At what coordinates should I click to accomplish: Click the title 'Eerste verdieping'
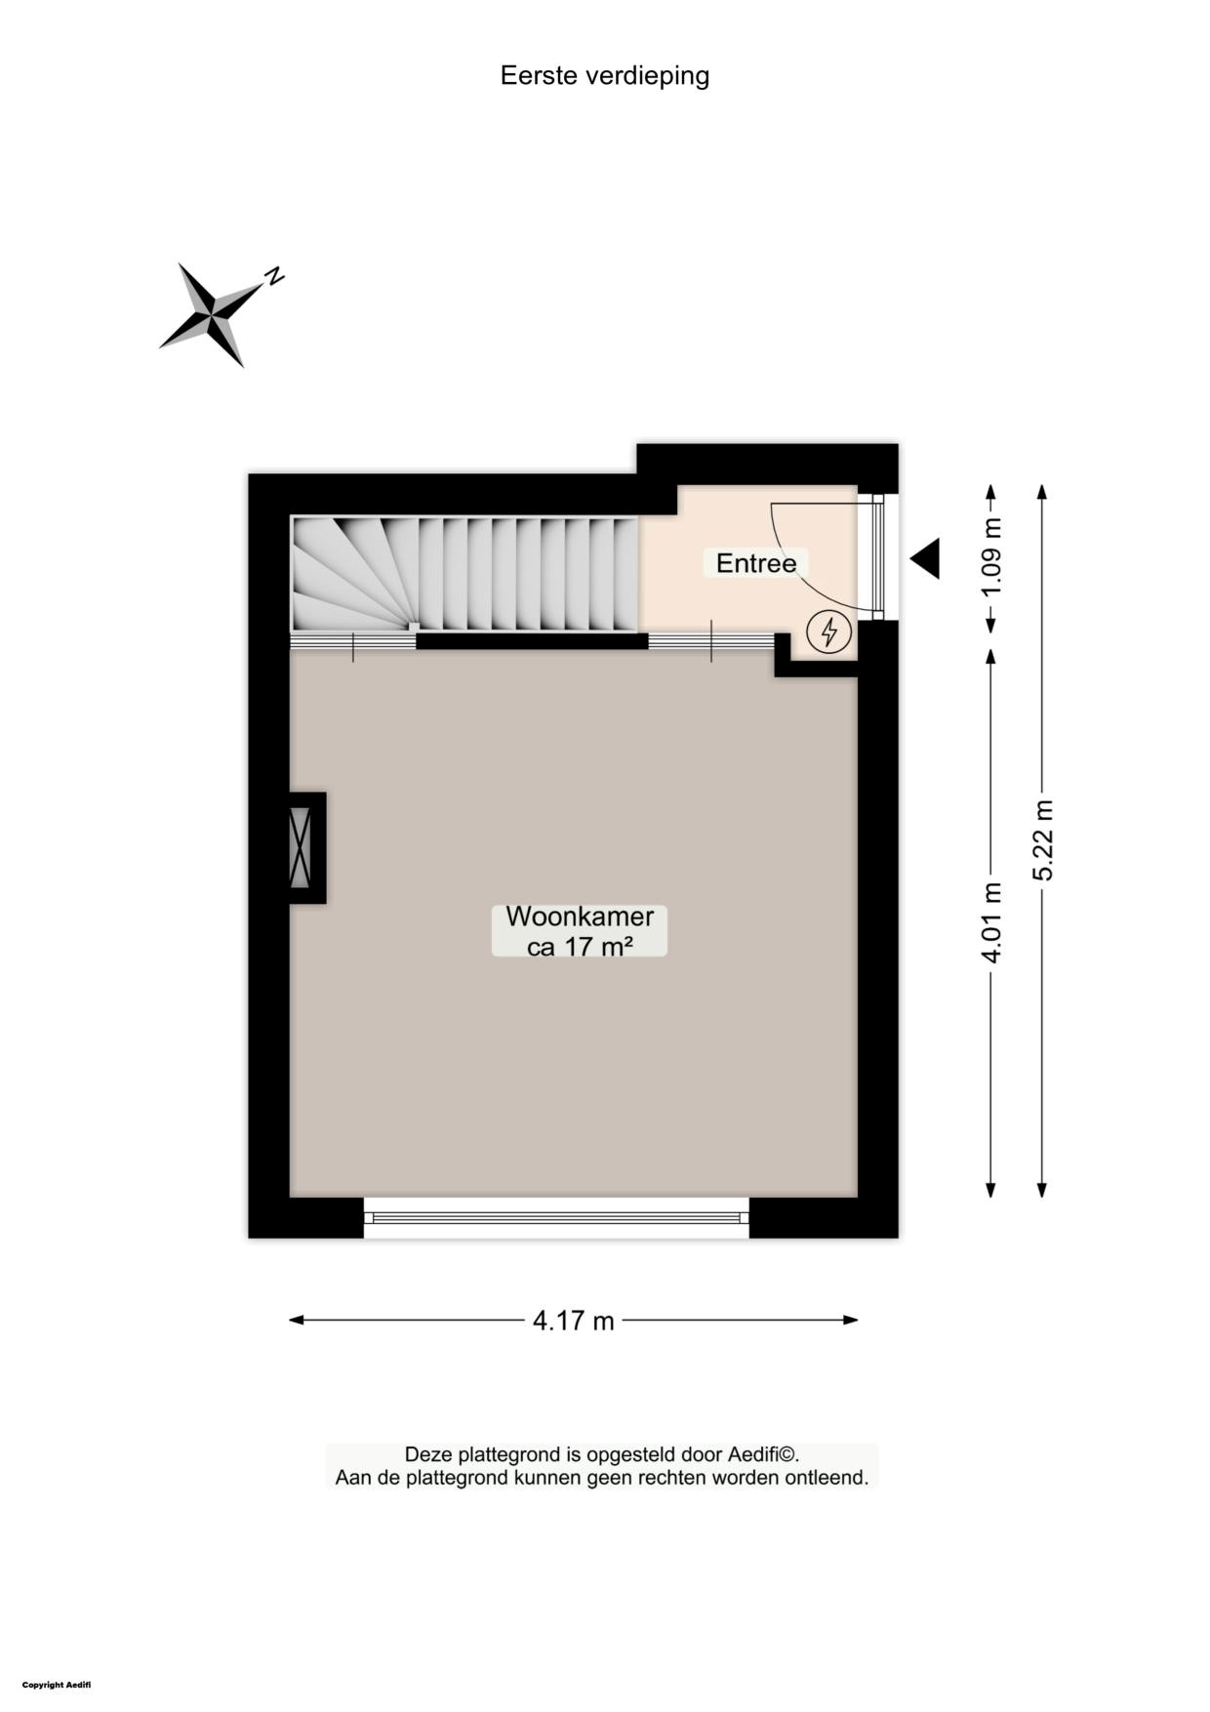[x=604, y=76]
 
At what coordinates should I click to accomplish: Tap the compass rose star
[x=212, y=314]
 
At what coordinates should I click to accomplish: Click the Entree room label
[x=756, y=563]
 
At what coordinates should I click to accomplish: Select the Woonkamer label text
[x=580, y=917]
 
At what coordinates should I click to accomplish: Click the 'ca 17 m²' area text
[x=580, y=945]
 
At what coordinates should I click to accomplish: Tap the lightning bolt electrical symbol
[x=829, y=632]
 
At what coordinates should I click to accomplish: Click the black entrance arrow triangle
[x=926, y=558]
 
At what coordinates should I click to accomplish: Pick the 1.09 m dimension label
[x=991, y=558]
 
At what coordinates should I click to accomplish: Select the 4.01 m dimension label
[x=991, y=922]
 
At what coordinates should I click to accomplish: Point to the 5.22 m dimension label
[x=1043, y=839]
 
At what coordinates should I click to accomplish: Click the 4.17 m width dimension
[x=574, y=1321]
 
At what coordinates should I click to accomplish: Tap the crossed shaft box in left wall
[x=301, y=847]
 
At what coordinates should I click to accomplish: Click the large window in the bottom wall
[x=556, y=1217]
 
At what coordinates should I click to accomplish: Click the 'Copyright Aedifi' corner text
[x=57, y=1685]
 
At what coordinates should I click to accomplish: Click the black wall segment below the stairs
[x=532, y=641]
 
